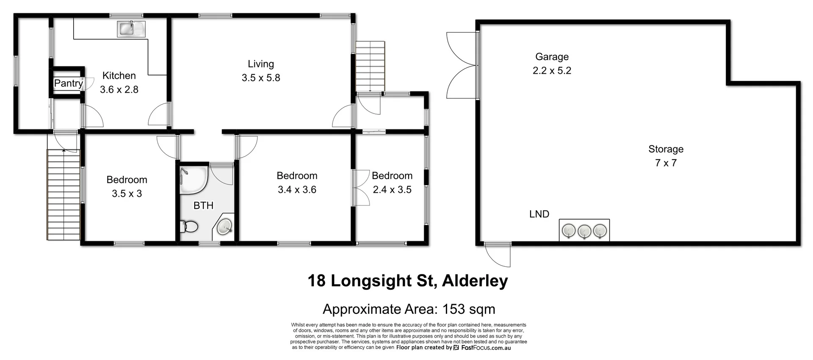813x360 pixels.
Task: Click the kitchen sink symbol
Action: coord(131,29)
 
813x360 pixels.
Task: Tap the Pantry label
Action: coord(68,83)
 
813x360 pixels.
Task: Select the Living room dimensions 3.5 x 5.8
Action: coord(261,78)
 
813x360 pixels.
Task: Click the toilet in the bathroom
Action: coord(188,227)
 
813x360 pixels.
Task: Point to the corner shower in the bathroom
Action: coord(193,180)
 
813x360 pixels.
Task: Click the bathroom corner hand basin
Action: coord(224,227)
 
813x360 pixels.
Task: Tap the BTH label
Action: coord(203,206)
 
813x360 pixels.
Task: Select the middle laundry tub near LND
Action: coord(584,231)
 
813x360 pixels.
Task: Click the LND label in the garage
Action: coord(539,214)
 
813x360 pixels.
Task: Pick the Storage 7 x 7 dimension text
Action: coord(666,163)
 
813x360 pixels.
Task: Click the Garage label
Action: coord(552,57)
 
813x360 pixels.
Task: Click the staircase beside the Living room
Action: coord(370,66)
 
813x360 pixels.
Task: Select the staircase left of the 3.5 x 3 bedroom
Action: coord(64,194)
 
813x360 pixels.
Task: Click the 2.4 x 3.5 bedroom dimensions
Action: coord(392,190)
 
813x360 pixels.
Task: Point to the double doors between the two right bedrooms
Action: coord(360,188)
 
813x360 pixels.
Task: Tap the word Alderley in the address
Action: coord(475,281)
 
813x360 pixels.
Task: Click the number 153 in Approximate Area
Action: coord(454,309)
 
